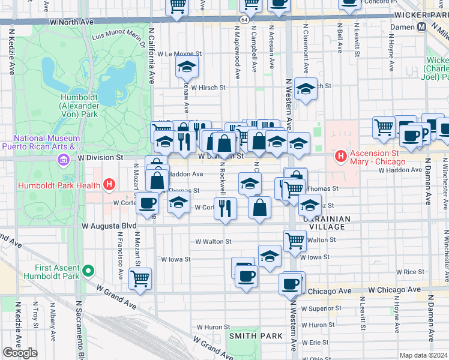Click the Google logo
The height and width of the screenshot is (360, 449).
pyautogui.click(x=20, y=353)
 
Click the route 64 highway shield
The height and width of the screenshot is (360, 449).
pyautogui.click(x=245, y=20)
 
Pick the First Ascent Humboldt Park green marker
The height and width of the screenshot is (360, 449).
pyautogui.click(x=88, y=272)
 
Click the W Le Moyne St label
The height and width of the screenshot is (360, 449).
pyautogui.click(x=179, y=53)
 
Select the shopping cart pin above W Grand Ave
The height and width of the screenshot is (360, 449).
pyautogui.click(x=140, y=278)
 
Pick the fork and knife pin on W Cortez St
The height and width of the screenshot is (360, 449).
pyautogui.click(x=225, y=208)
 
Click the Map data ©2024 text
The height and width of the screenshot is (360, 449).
pyautogui.click(x=423, y=355)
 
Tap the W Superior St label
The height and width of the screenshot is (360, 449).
pyautogui.click(x=321, y=308)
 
